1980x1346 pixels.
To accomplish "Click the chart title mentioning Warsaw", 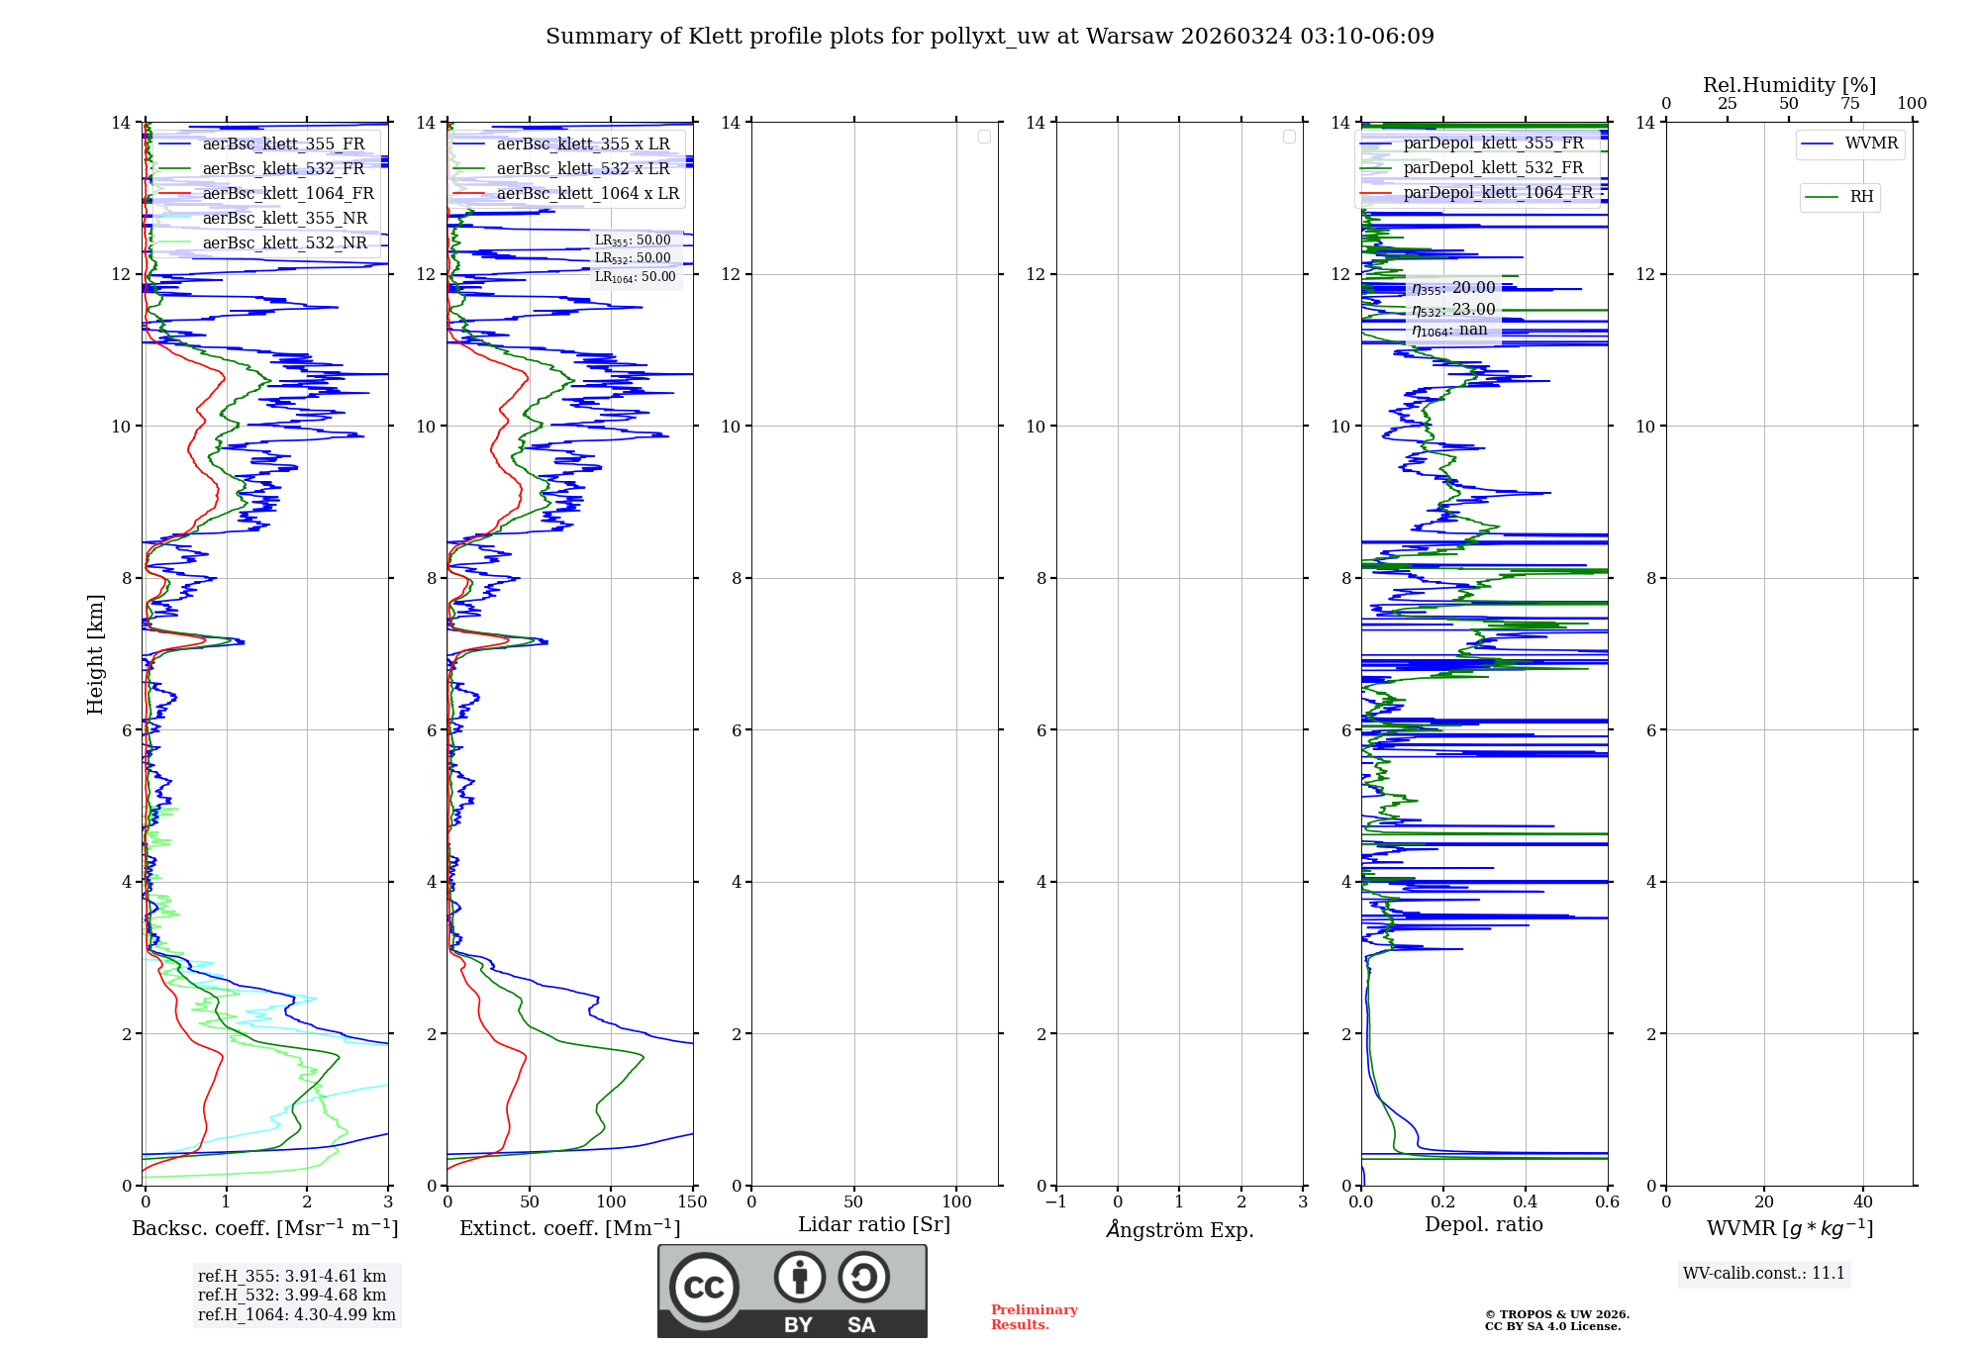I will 989,37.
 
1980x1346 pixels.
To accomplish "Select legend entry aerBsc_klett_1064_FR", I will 287,194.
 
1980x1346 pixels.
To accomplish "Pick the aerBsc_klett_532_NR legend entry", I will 284,243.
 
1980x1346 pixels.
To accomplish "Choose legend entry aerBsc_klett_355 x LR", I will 582,144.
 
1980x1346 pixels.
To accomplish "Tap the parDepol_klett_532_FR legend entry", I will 1492,168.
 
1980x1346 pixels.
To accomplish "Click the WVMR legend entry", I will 1870,144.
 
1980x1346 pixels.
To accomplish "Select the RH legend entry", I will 1861,197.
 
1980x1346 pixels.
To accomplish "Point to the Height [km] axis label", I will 95,654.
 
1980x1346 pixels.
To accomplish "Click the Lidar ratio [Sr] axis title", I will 873,1225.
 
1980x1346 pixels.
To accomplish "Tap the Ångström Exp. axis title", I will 1179,1229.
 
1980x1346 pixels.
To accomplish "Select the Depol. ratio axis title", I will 1483,1225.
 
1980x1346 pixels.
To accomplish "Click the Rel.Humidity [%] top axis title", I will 1789,85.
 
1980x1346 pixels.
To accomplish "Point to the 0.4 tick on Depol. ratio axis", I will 1526,1202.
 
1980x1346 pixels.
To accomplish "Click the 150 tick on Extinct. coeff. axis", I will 692,1202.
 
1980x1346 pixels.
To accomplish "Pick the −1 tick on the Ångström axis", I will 1055,1202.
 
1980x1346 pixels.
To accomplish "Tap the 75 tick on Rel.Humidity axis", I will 1849,104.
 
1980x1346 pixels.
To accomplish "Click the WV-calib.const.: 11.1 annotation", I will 1763,1274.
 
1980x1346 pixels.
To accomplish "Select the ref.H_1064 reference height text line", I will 296,1315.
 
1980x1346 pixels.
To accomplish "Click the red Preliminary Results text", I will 1034,1317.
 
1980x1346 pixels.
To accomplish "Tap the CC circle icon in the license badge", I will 704,1288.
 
